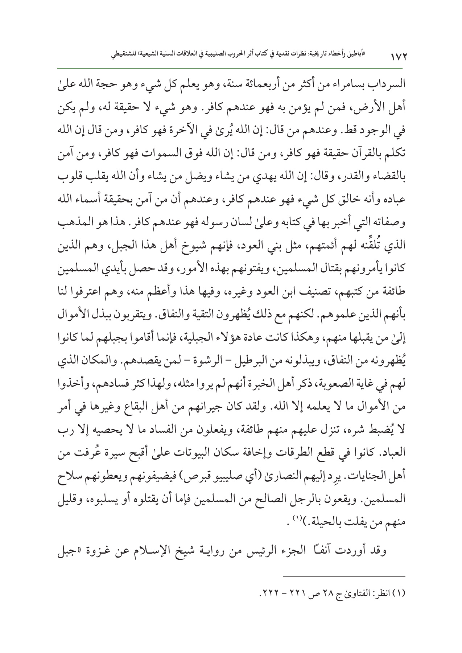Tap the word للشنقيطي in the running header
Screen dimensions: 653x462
point(122,54)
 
